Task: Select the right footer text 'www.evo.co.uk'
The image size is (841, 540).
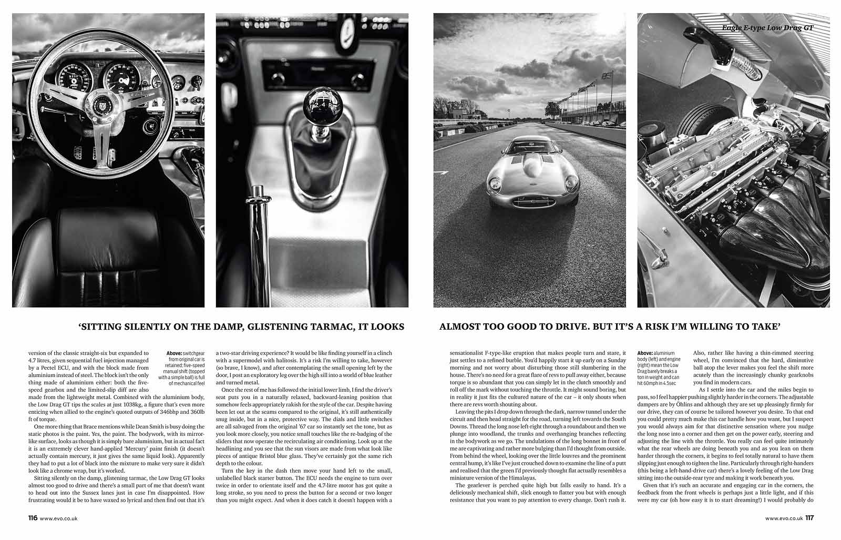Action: tap(784, 533)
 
